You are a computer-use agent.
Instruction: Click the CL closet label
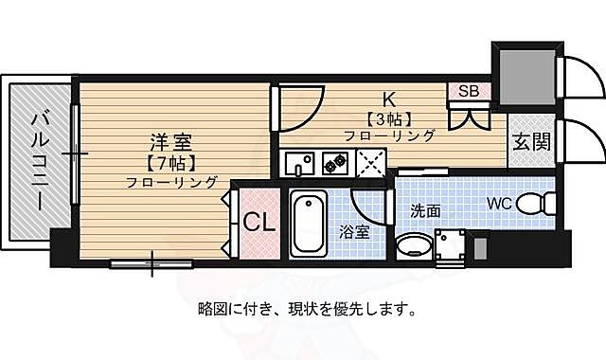pyautogui.click(x=258, y=223)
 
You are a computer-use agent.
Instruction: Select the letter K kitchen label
pyautogui.click(x=388, y=99)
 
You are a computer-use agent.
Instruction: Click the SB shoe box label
pyautogui.click(x=469, y=92)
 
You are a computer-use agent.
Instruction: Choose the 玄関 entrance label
pyautogui.click(x=530, y=142)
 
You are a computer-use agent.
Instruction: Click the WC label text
pyautogui.click(x=501, y=203)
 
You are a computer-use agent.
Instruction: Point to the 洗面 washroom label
pyautogui.click(x=425, y=211)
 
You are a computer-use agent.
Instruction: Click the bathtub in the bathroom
pyautogui.click(x=307, y=224)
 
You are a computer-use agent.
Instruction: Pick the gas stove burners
pyautogui.click(x=335, y=164)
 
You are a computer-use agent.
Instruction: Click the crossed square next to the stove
pyautogui.click(x=369, y=164)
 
